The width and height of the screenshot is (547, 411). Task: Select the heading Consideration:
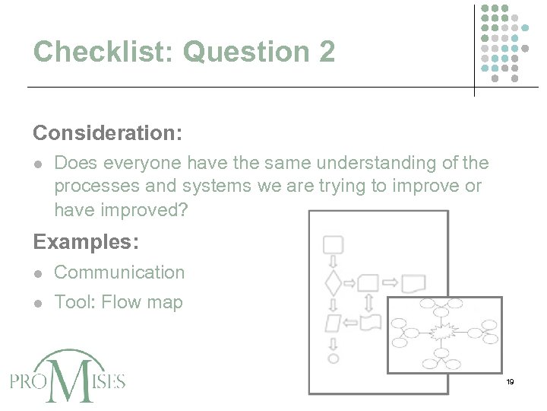107,133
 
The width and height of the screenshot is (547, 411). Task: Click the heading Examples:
86,242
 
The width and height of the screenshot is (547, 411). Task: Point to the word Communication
119,272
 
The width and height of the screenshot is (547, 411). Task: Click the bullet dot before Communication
39,272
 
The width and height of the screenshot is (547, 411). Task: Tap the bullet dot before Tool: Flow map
39,302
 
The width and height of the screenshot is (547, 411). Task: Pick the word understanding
367,163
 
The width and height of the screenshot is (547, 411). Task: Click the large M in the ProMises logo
70,378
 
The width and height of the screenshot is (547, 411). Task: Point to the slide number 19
510,381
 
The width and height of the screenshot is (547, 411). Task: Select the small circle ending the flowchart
333,358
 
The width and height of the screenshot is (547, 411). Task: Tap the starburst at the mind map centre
443,333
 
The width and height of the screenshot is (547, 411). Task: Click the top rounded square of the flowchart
333,245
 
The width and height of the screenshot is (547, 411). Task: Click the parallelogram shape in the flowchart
333,323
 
